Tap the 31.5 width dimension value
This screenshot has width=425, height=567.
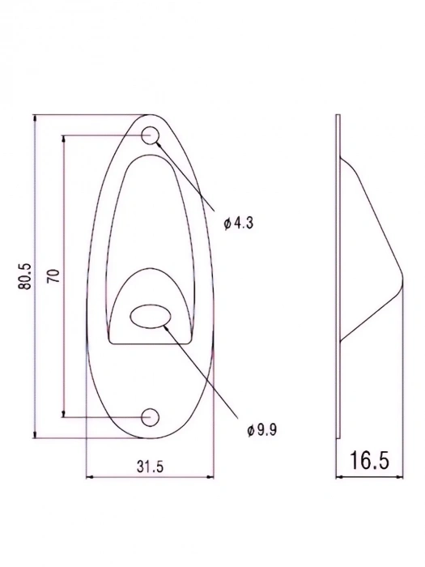pyautogui.click(x=151, y=467)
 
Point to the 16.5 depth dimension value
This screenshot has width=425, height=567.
pyautogui.click(x=369, y=462)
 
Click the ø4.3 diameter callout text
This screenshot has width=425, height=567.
pyautogui.click(x=239, y=223)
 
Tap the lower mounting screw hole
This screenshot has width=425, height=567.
pyautogui.click(x=150, y=417)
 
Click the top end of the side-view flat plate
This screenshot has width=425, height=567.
pyautogui.click(x=337, y=118)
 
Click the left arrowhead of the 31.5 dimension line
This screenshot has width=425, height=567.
pyautogui.click(x=88, y=477)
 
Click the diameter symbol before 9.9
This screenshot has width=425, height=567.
pyautogui.click(x=250, y=429)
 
